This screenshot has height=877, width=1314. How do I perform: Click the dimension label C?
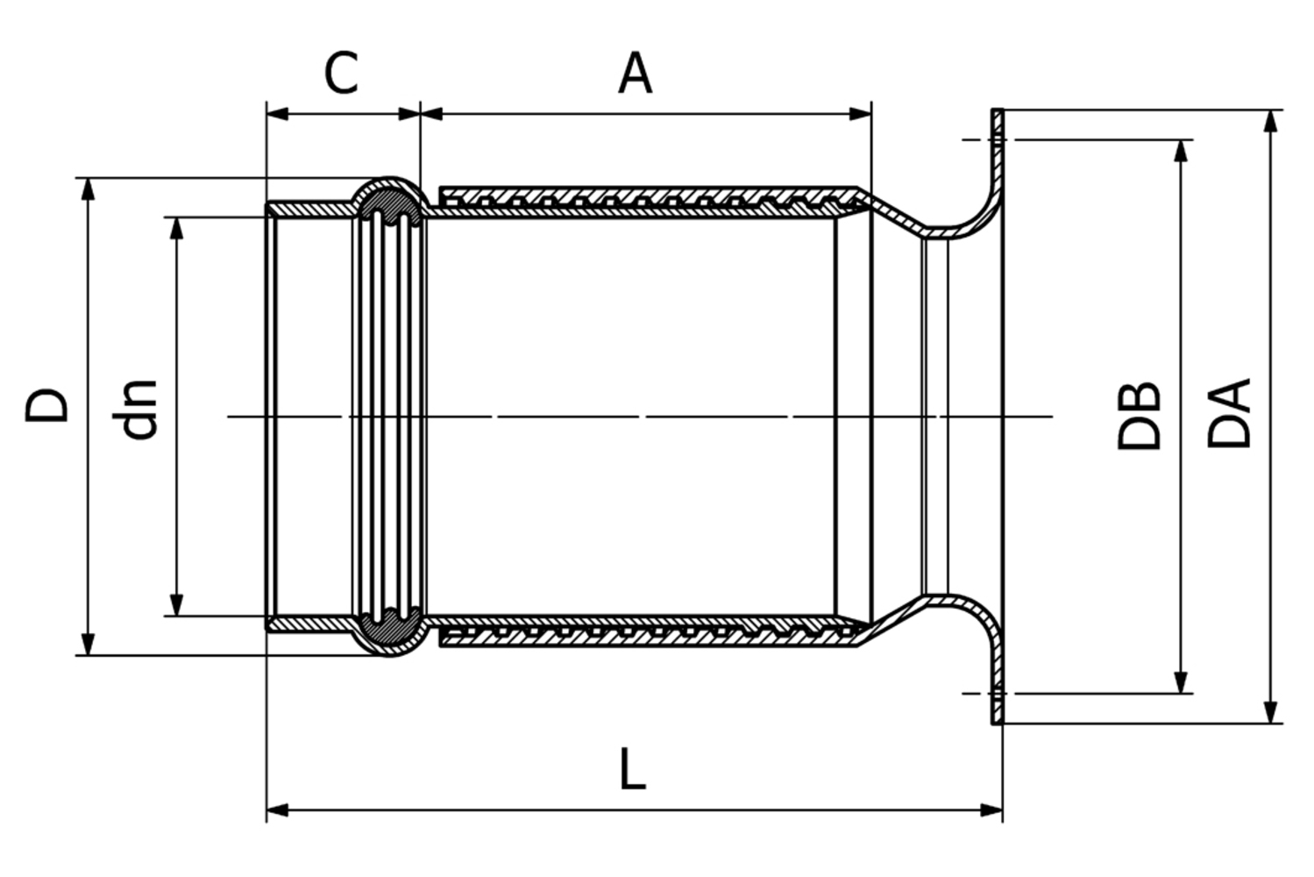pos(341,74)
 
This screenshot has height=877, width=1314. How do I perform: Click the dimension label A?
pos(636,74)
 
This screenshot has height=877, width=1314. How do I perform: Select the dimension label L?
pos(632,769)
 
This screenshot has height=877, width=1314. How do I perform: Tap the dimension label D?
pos(46,404)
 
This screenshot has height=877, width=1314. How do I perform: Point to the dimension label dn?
pos(138,409)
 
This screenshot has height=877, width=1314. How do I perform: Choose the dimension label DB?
pos(1139,416)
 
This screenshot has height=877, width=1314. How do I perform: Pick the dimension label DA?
pos(1229,413)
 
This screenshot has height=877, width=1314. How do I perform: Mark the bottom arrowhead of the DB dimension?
pos(1182,682)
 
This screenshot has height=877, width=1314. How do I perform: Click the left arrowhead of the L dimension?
pos(277,809)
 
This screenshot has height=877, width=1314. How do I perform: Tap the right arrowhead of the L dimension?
pos(992,809)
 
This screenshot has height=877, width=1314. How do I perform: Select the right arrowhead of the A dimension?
pos(861,113)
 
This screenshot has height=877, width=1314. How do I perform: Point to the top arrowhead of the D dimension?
pos(87,189)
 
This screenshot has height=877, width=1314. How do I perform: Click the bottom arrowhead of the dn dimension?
pos(176,605)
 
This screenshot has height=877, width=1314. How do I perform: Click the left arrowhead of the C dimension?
pos(277,113)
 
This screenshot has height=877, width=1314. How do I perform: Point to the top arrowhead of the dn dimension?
pos(176,228)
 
